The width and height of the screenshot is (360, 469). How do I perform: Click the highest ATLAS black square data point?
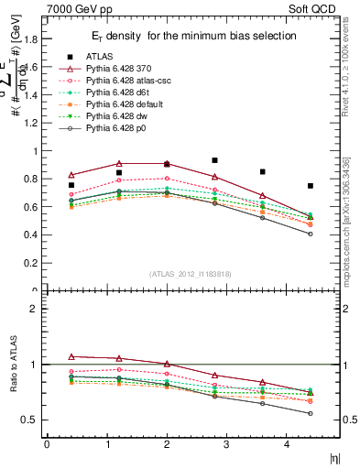(x=214, y=160)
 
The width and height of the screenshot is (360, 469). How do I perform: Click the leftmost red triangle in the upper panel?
(x=71, y=175)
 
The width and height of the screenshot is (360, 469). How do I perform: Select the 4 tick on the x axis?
(x=287, y=443)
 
